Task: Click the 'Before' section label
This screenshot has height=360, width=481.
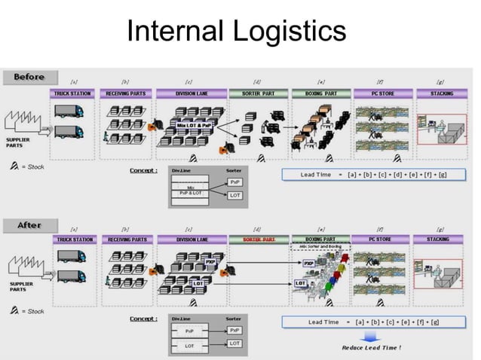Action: pos(29,77)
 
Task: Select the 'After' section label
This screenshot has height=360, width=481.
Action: pos(28,225)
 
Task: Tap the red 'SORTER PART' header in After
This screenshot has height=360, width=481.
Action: pos(258,239)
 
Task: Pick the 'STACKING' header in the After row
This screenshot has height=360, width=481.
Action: pos(442,239)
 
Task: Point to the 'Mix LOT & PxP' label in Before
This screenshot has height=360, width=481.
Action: pos(194,126)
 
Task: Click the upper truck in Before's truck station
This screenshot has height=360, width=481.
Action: pos(69,111)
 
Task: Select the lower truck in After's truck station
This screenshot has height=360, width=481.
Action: pos(69,277)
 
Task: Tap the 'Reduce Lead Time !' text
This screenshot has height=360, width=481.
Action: pos(372,348)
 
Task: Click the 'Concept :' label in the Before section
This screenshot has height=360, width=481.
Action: pos(143,171)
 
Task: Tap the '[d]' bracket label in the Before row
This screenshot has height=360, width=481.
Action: pos(258,81)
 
